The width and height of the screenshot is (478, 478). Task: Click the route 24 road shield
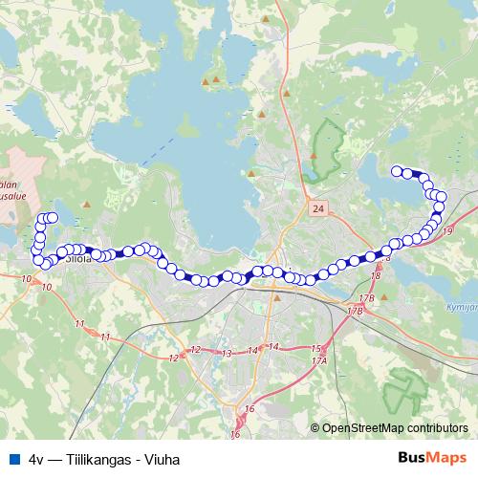coord(317,206)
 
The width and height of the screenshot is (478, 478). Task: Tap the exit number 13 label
coord(227,354)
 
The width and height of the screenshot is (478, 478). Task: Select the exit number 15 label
coord(315,348)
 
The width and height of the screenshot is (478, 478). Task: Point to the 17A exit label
coord(320,360)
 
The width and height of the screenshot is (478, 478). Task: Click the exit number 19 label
coord(448,230)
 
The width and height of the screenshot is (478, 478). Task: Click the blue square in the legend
coord(11,458)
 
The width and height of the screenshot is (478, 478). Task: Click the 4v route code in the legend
coord(37,458)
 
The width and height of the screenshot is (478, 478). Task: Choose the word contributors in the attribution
coord(437,428)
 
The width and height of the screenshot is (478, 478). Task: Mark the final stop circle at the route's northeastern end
coord(397,171)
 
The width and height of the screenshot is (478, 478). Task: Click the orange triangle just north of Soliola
coord(88,204)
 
